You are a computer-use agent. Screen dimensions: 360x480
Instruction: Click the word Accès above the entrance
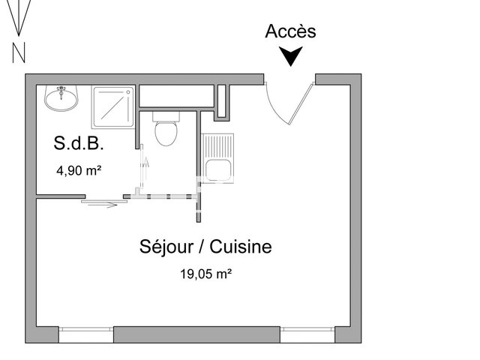pyautogui.click(x=291, y=31)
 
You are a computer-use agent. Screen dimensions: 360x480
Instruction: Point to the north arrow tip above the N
pyautogui.click(x=19, y=34)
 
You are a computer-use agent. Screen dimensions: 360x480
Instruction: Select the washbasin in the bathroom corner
pyautogui.click(x=61, y=97)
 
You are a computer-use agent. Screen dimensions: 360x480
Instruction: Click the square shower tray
pyautogui.click(x=113, y=106)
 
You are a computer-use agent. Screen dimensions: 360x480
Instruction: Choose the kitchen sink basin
pyautogui.click(x=218, y=169)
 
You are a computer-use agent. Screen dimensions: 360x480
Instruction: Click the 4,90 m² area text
pyautogui.click(x=79, y=170)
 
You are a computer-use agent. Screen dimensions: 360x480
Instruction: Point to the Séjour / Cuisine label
pyautogui.click(x=205, y=247)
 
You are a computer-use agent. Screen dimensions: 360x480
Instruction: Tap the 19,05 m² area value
pyautogui.click(x=205, y=274)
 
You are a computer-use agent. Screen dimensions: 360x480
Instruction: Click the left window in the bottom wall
pyautogui.click(x=85, y=334)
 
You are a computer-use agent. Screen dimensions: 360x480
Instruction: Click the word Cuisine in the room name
pyautogui.click(x=241, y=247)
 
